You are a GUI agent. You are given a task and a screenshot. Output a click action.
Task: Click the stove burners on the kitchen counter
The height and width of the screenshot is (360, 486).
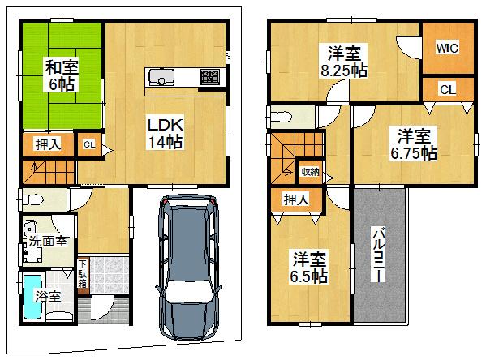(x=209, y=77)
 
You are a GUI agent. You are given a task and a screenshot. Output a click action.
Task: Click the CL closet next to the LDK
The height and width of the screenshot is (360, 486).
(x=89, y=145)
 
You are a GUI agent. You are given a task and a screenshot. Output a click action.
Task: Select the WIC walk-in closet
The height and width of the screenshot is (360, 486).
(x=446, y=48)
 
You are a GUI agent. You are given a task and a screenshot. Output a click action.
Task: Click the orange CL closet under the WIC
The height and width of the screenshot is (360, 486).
(x=448, y=89)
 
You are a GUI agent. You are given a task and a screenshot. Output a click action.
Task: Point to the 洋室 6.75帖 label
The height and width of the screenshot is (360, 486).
(x=416, y=144)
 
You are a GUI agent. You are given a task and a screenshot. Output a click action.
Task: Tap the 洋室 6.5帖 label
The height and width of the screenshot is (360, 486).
(x=308, y=267)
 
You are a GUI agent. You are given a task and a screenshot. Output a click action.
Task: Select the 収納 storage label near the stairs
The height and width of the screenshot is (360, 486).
(x=309, y=171)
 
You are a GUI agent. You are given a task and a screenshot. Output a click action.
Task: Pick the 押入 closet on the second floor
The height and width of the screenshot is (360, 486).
(x=294, y=198)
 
